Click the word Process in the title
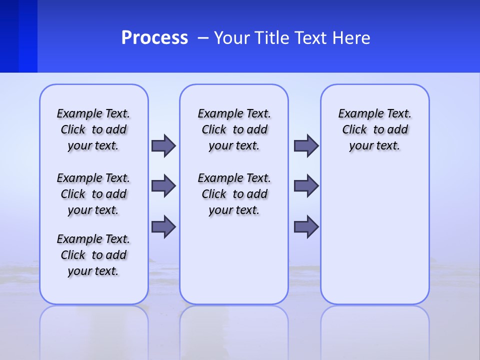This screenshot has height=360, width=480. pyautogui.click(x=154, y=38)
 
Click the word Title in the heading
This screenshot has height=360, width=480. pyautogui.click(x=273, y=38)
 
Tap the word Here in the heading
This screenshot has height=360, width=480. pyautogui.click(x=352, y=38)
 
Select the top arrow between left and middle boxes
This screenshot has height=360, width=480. pyautogui.click(x=163, y=145)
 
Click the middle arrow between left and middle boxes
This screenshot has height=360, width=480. pyautogui.click(x=163, y=186)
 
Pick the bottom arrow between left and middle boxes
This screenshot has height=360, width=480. pyautogui.click(x=163, y=227)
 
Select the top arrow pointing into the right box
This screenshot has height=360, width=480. pyautogui.click(x=306, y=145)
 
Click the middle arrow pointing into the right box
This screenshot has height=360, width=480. pyautogui.click(x=306, y=186)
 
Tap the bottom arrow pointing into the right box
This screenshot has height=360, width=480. pyautogui.click(x=306, y=227)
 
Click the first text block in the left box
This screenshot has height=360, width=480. pyautogui.click(x=93, y=129)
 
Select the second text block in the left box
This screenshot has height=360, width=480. pyautogui.click(x=93, y=194)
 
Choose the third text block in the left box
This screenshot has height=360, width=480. pyautogui.click(x=93, y=255)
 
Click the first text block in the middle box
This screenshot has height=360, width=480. pyautogui.click(x=234, y=129)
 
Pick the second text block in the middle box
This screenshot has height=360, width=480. pyautogui.click(x=234, y=194)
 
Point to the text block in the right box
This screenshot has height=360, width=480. pyautogui.click(x=374, y=129)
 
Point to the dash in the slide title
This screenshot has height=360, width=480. pyautogui.click(x=203, y=38)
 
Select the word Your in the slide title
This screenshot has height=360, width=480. pyautogui.click(x=232, y=38)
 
